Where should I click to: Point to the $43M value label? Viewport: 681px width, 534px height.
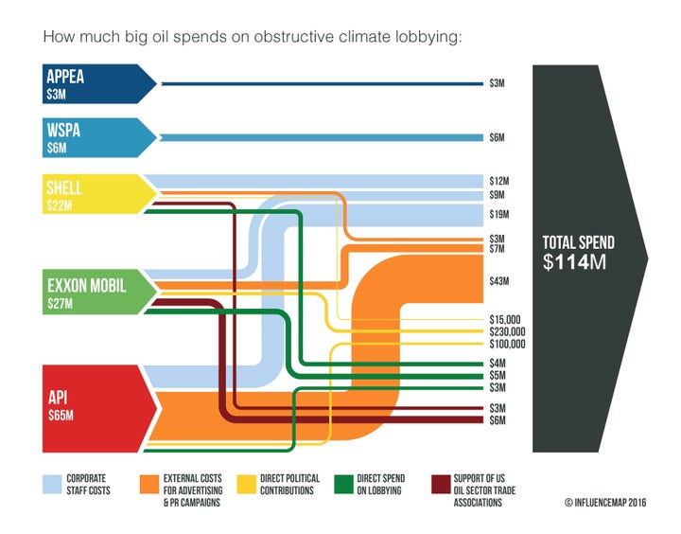point(499,281)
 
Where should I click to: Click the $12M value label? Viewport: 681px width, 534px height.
point(499,180)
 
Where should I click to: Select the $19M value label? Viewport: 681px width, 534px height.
point(499,214)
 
